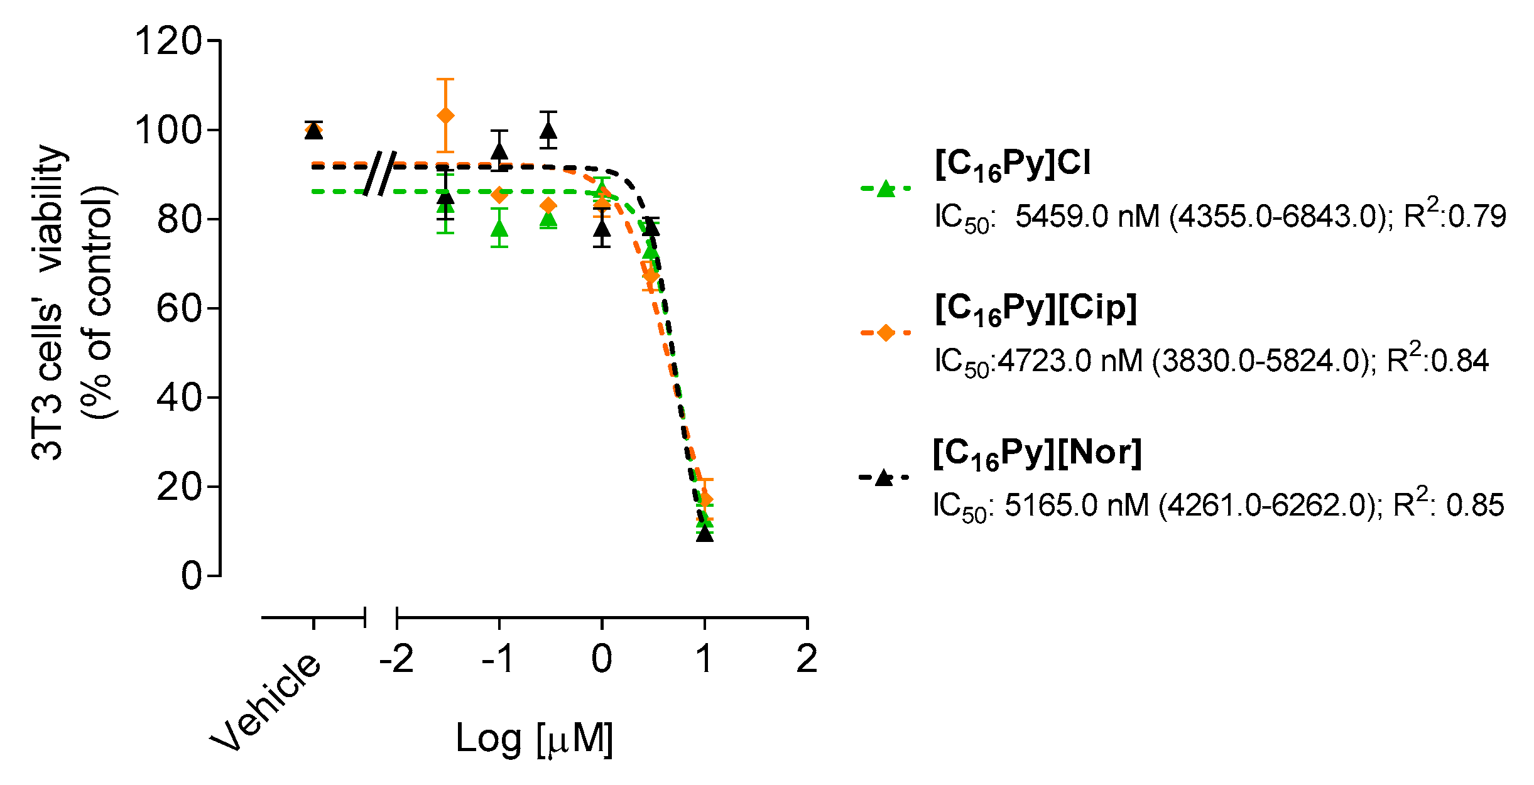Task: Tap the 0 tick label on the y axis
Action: (x=192, y=575)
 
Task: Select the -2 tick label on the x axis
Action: (x=396, y=659)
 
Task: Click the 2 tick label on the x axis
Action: (x=807, y=659)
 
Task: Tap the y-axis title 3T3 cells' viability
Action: (x=49, y=301)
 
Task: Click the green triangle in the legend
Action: (x=885, y=188)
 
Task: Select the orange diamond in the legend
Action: (x=885, y=333)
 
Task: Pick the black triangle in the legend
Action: (x=884, y=478)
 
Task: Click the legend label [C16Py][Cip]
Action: (x=1036, y=309)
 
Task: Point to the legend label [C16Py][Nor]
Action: (x=1036, y=453)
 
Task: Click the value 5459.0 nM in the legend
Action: (x=1087, y=217)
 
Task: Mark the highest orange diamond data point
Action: (x=445, y=116)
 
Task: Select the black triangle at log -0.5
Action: (x=549, y=130)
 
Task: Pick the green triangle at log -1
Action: (x=499, y=229)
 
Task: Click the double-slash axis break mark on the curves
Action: (x=380, y=173)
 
